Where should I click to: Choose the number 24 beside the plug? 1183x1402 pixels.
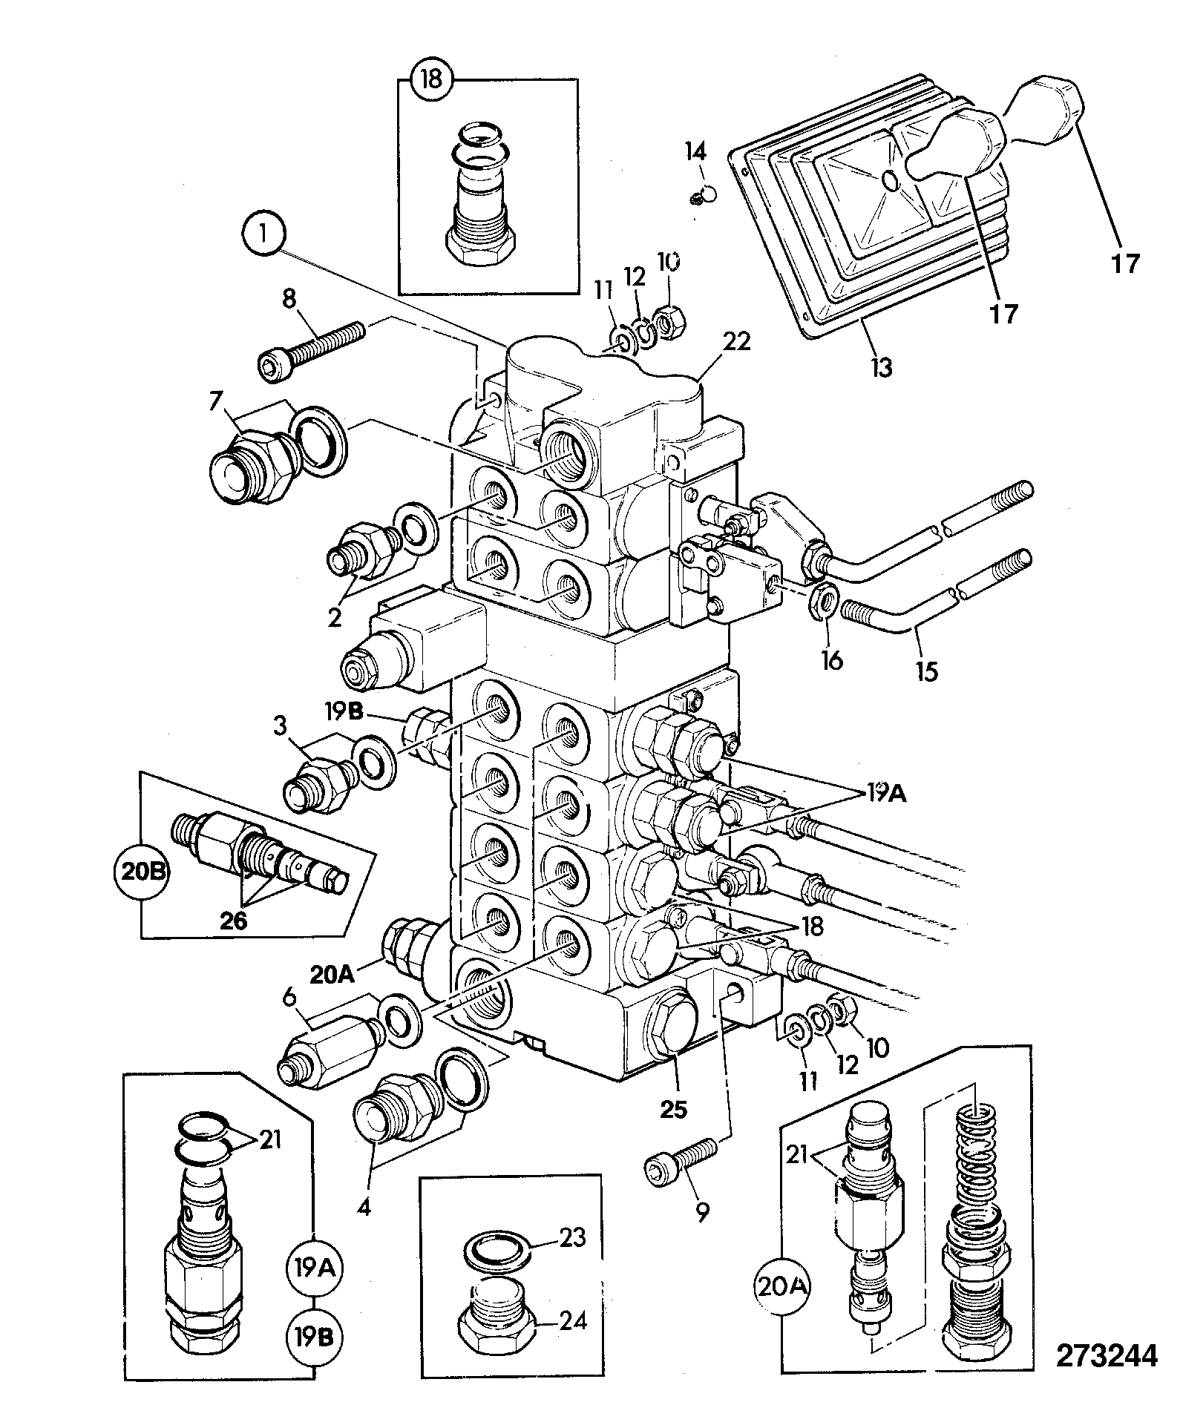(x=574, y=1320)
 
